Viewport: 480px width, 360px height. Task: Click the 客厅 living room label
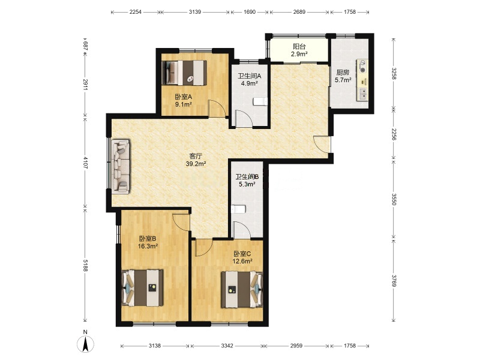coord(196,156)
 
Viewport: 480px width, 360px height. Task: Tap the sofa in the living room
coord(121,167)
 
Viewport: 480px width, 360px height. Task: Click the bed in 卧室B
coord(142,288)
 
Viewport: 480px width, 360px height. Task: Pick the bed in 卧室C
coord(242,289)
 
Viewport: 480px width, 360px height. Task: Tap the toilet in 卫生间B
coord(238,209)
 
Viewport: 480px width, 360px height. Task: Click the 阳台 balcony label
coord(299,47)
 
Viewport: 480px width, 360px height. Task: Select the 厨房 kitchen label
coord(343,73)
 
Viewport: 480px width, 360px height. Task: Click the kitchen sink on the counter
coord(363,94)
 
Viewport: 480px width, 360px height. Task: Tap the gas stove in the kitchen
coord(363,67)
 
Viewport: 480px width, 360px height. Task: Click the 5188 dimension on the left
coord(85,265)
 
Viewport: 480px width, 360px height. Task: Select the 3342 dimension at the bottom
coord(227,346)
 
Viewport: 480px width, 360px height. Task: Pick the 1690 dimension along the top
coord(250,12)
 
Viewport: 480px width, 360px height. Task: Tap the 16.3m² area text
coord(148,246)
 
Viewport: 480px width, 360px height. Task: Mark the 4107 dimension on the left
coord(85,163)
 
